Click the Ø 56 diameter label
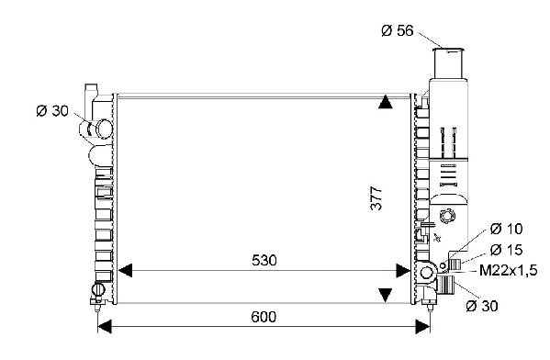click(x=398, y=31)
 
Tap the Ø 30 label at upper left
click(x=52, y=111)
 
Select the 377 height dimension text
click(x=376, y=198)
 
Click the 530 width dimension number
click(x=264, y=260)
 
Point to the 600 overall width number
click(x=264, y=317)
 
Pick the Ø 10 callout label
click(x=507, y=229)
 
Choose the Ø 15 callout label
click(x=507, y=250)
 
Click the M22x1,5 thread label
click(x=509, y=271)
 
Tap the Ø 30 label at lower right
click(x=482, y=306)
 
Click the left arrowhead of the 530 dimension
click(x=125, y=271)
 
